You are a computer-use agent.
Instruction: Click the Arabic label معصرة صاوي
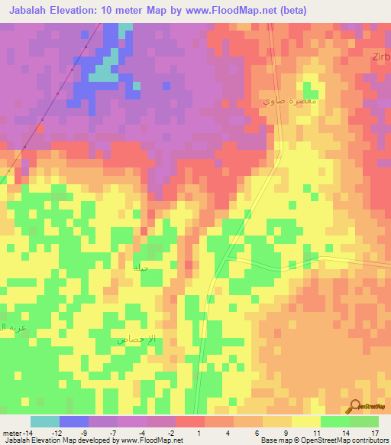[289, 101]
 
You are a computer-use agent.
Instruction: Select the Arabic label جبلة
[140, 268]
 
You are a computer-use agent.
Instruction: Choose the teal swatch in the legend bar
[44, 421]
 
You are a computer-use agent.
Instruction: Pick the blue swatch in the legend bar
[73, 421]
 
